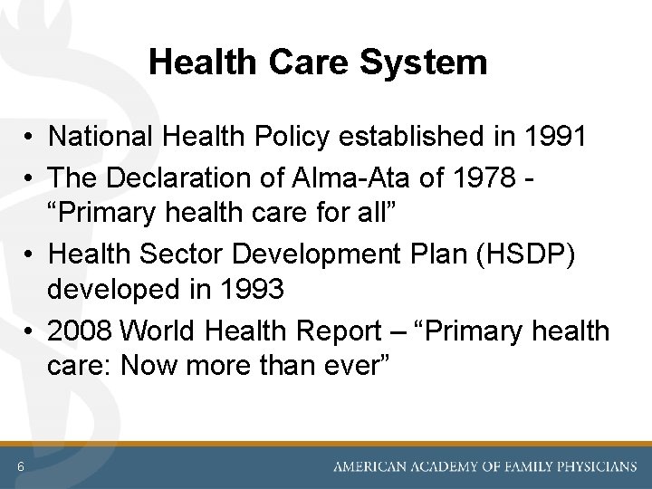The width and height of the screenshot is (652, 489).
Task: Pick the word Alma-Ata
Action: (342, 177)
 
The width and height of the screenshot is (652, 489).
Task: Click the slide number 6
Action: (20, 466)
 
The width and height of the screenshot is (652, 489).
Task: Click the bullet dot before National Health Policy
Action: (30, 138)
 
